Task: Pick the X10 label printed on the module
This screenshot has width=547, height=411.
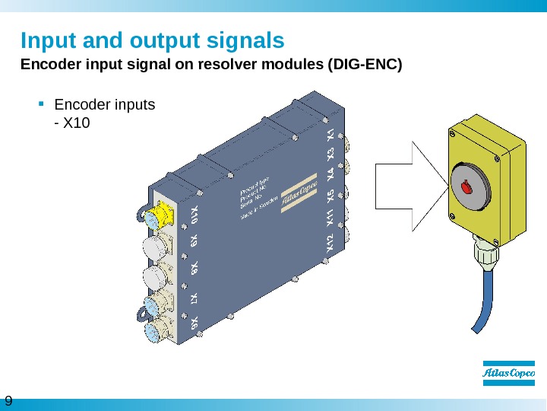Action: point(195,215)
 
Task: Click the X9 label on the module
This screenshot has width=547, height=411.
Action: point(194,241)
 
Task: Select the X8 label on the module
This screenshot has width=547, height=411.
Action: point(194,268)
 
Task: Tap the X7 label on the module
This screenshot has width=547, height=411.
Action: point(194,298)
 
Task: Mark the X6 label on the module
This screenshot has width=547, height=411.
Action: point(194,324)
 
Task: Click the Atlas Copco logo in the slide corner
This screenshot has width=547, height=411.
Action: point(508,374)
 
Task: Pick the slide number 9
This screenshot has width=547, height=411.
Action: point(9,402)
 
